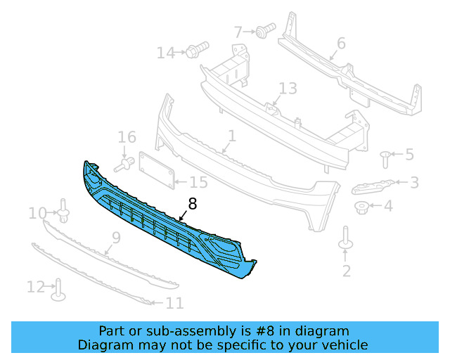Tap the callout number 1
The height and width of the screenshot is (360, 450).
pos(231,134)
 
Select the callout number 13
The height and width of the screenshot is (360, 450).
pos(288,89)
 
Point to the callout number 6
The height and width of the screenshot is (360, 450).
pos(341,43)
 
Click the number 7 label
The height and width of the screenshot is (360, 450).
pos(238,32)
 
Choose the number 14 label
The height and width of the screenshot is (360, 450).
pos(165,53)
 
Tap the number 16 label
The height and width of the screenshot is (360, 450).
pos(127,137)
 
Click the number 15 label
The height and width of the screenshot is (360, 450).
pos(198,183)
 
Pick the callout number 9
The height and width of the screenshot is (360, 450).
pos(115,238)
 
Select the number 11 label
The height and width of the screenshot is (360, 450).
pos(174,303)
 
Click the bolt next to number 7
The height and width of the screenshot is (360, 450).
pos(266,30)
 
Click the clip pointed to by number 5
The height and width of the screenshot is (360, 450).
pos(385,157)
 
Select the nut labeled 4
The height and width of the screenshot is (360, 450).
pos(362,207)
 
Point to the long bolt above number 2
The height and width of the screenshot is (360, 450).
pos(346,238)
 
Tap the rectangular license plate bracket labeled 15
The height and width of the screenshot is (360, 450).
pos(155,169)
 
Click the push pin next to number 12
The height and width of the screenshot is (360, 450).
pos(59,288)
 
